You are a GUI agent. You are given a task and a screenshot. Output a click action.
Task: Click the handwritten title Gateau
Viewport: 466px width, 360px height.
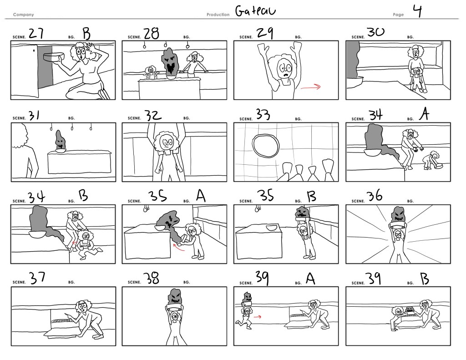point(255,11)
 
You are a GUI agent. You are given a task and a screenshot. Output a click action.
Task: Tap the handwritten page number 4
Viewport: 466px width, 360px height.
point(417,11)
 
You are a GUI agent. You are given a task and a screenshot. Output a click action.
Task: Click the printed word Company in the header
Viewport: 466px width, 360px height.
point(24,15)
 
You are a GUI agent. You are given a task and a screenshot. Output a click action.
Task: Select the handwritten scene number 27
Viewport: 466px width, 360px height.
point(36,33)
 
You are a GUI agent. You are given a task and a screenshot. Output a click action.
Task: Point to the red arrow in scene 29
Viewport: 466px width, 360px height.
point(311,87)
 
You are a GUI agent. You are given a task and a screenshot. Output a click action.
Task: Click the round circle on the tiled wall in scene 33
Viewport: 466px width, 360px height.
point(266,145)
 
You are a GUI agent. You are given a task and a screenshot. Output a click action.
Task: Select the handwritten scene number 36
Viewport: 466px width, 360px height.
point(375,196)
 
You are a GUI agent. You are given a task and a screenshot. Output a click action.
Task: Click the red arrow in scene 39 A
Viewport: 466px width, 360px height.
point(258,317)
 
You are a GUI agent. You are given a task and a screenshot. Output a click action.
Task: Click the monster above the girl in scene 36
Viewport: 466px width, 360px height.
point(398,214)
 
